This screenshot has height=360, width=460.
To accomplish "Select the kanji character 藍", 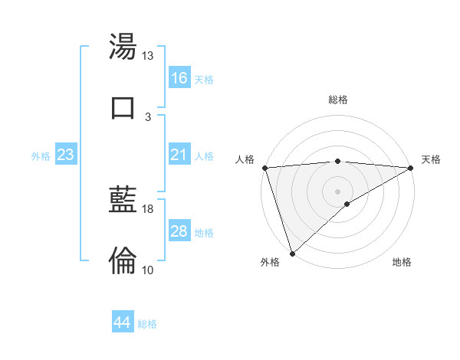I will [123, 201].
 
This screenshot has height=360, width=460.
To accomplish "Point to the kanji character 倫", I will [123, 260].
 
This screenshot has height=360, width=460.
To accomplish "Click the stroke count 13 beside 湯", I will [148, 56].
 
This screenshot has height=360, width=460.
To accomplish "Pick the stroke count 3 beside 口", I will [148, 116].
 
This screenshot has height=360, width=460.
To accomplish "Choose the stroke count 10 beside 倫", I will [148, 270].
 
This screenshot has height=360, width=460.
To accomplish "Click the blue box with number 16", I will [179, 77].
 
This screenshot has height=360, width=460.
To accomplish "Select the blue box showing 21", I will [179, 155].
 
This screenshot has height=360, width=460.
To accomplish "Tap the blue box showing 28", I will [179, 231].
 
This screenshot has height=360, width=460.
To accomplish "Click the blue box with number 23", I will [66, 155].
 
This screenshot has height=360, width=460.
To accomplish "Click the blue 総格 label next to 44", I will [147, 324].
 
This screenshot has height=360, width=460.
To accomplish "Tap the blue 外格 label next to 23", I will [41, 156].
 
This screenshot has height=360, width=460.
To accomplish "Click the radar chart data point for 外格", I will [292, 253].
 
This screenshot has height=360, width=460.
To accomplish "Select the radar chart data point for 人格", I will [264, 168].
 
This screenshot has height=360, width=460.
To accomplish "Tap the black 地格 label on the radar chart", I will [402, 262].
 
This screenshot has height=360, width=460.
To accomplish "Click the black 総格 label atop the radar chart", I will [338, 100].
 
